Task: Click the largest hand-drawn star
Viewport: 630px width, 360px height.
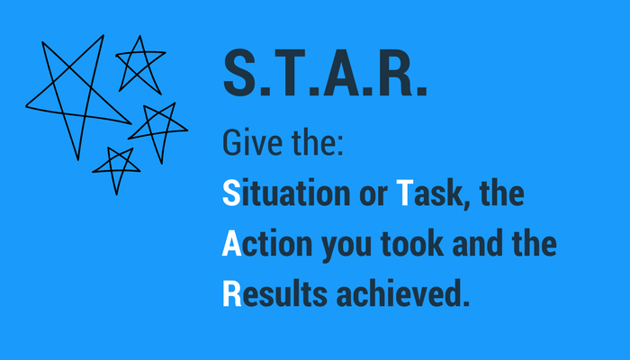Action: (53, 83)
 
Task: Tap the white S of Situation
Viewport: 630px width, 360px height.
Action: (231, 193)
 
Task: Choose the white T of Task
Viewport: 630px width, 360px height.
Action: (405, 193)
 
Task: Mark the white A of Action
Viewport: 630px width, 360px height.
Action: (232, 244)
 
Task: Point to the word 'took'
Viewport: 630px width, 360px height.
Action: (412, 243)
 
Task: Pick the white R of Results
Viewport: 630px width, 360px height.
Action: (232, 294)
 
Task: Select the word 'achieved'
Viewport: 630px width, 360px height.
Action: (398, 293)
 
